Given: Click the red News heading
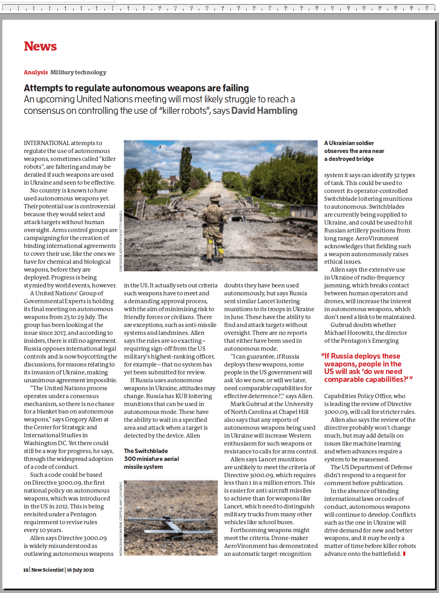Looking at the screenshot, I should pos(40,46).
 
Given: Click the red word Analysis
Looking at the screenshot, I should pos(36,72).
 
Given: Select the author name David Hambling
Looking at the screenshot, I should pos(264,111).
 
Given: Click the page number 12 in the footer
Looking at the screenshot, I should pos(26,570).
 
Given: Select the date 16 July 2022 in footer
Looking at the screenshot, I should pos(80,570).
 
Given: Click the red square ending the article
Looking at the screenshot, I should pos(404,553).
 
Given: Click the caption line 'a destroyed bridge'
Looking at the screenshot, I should pos(349,159).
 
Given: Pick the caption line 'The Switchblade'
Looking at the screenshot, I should pos(146,451).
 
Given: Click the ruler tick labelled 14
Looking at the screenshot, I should pos(222,8).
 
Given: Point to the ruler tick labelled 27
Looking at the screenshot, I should pos(426,8).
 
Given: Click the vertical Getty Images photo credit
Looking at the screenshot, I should pos(121,241).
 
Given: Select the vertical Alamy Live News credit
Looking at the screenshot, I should pos(121,518).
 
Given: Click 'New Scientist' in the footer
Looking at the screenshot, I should pos(48,570).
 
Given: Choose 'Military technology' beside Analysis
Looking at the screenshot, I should pos(78,72).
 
